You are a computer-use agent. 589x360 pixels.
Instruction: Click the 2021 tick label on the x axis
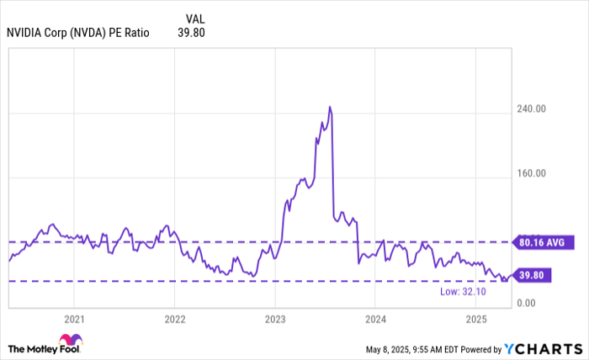tap(74, 319)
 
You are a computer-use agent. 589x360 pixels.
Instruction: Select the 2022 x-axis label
tap(174, 319)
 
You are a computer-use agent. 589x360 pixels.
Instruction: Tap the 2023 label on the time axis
tap(275, 319)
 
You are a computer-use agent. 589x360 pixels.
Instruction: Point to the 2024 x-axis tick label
tap(376, 319)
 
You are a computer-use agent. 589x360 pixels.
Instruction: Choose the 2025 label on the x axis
tap(476, 319)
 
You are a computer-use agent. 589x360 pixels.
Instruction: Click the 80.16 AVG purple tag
tap(539, 241)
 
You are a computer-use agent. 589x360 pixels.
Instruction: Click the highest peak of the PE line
tap(330, 107)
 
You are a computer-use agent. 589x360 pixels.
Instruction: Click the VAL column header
tap(194, 18)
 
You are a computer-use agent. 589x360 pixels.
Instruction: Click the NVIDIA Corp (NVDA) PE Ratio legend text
tap(78, 34)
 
